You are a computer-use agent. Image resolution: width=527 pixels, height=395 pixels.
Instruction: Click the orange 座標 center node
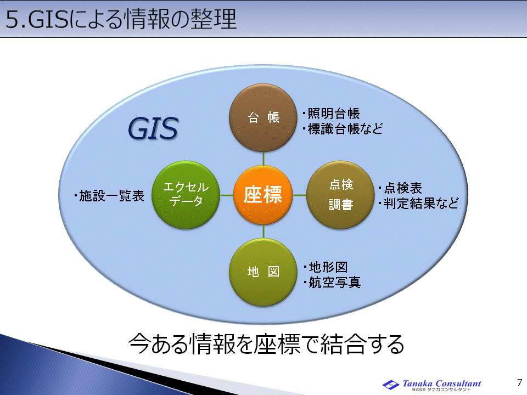pos(263,195)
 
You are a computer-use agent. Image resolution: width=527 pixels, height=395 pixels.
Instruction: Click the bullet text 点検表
pos(401,188)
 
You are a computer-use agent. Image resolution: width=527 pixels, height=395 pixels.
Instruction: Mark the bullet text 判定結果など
pos(418,204)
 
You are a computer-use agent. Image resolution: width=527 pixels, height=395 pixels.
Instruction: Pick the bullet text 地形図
pos(326,268)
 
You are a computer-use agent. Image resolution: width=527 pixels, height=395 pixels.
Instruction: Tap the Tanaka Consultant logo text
pos(441,383)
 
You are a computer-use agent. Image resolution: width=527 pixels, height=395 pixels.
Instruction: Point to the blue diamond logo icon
pos(391,385)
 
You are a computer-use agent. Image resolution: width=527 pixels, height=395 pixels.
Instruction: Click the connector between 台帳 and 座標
pos(263,157)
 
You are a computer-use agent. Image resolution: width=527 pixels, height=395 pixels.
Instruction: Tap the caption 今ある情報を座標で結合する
pos(266,344)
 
